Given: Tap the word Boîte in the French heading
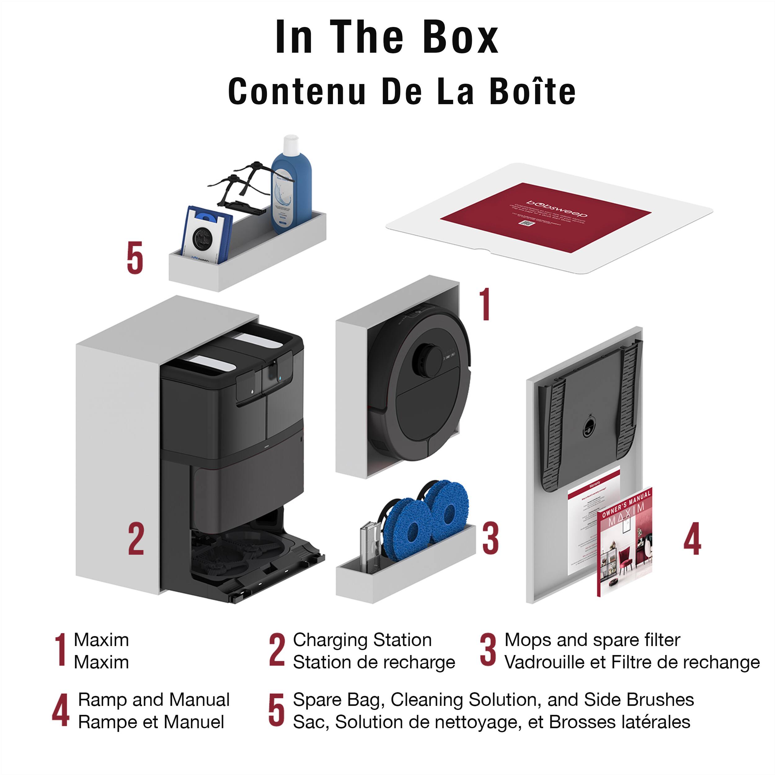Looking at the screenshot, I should point(532,91).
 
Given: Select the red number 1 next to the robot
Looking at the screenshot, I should point(485,304).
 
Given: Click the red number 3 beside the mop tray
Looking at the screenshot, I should point(490,539).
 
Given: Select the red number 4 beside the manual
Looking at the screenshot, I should point(692,539).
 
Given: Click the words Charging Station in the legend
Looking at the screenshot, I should point(362,640).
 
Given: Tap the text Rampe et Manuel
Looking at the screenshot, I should point(151,722).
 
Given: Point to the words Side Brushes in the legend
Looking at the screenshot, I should point(639,700).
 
